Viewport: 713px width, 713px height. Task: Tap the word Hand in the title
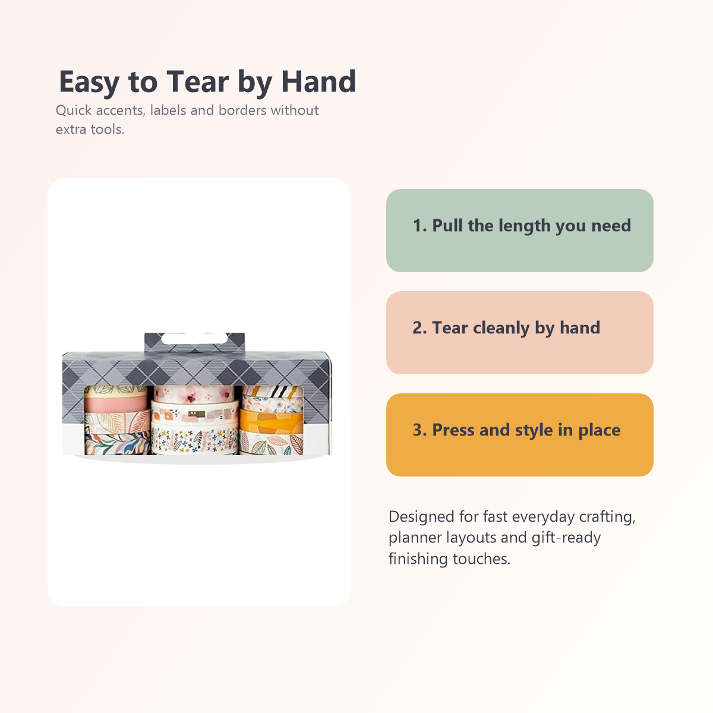click(x=318, y=82)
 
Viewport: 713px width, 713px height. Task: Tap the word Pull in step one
click(x=447, y=226)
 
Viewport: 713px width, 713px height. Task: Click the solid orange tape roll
click(x=271, y=423)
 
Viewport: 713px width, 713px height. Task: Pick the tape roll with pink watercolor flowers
click(x=194, y=393)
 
